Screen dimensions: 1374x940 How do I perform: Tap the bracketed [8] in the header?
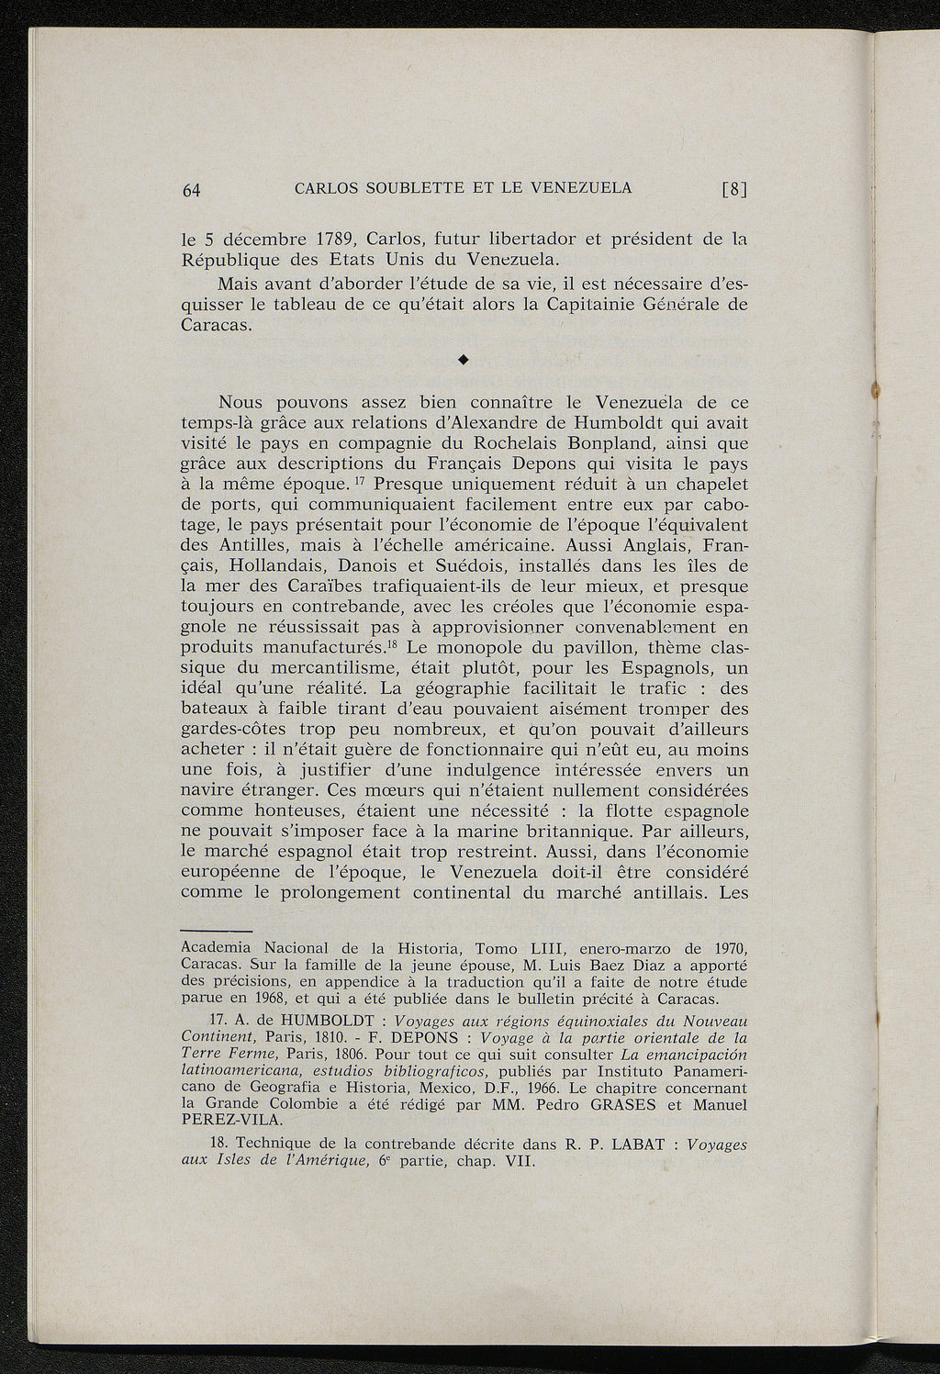click(736, 190)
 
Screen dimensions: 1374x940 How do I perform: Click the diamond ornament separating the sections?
click(464, 361)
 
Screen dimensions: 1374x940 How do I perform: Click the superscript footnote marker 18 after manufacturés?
click(390, 642)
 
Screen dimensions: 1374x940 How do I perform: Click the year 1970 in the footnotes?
click(727, 948)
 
